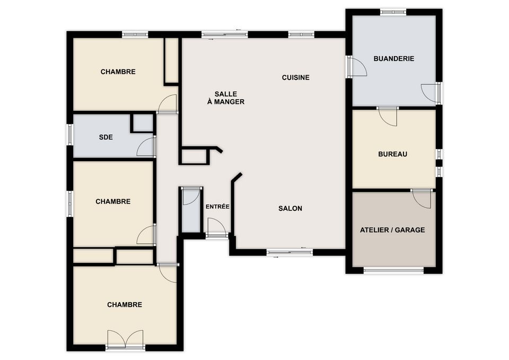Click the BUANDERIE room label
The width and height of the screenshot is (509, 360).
point(394,59)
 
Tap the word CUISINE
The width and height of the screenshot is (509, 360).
point(295,77)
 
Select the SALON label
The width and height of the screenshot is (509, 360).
point(290,208)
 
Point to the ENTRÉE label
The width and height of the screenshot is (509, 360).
point(217,206)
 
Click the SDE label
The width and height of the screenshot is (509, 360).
point(106,137)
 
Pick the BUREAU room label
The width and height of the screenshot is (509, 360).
point(392,154)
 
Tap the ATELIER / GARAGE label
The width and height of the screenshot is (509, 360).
point(392,230)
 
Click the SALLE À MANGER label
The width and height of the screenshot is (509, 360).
point(226,98)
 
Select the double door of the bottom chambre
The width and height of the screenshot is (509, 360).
point(125,339)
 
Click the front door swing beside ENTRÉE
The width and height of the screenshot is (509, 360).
point(216,226)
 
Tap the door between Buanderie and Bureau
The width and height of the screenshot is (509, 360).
point(388,116)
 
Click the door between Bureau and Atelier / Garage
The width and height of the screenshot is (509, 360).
point(422,199)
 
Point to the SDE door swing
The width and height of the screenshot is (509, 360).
point(146,147)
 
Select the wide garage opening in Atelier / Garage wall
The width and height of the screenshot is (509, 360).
point(393,270)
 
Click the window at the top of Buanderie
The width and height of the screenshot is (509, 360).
point(393,12)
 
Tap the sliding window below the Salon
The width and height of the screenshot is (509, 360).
point(289,252)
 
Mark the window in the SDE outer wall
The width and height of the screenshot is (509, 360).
point(70,134)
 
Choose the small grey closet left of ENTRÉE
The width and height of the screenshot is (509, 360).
point(191,210)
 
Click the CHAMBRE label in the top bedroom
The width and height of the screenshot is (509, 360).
point(118,72)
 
